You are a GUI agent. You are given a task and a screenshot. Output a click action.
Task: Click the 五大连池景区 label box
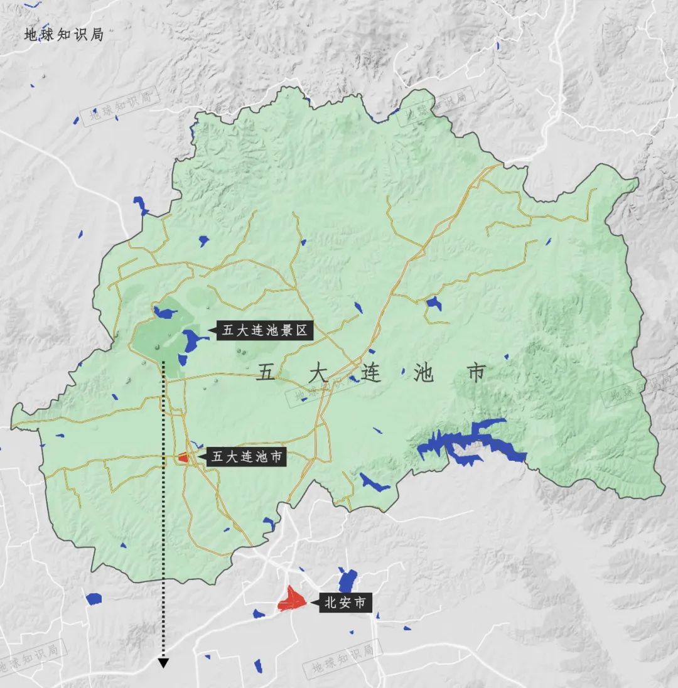[264, 330]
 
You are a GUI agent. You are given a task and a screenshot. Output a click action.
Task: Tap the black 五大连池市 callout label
[247, 456]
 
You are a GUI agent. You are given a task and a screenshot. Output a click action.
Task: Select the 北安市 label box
[346, 603]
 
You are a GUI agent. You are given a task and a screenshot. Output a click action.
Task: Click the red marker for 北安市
[291, 599]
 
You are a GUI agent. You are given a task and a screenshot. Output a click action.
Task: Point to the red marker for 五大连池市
[183, 458]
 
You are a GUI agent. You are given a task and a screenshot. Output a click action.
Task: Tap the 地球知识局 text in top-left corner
[63, 35]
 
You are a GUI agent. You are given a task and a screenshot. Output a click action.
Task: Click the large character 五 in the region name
[266, 374]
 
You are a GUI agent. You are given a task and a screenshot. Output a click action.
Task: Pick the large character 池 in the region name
[424, 374]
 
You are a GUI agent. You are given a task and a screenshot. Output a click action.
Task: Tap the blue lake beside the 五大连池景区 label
[193, 341]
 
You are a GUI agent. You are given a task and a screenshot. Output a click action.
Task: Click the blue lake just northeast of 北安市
[347, 580]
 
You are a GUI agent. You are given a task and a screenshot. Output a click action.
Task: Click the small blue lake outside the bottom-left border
[94, 599]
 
